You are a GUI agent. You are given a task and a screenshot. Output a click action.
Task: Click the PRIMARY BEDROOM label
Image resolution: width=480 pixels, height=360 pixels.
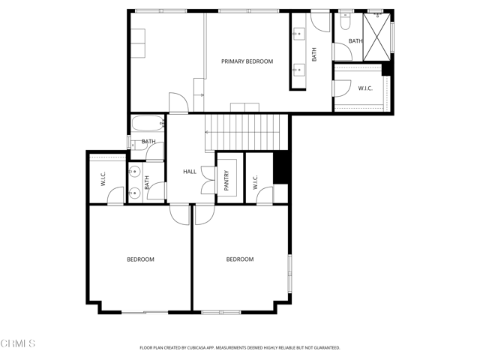click(x=247, y=61)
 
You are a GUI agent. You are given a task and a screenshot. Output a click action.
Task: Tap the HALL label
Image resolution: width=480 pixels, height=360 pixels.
click(x=190, y=172)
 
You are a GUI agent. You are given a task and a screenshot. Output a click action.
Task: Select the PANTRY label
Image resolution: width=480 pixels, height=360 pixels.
click(x=226, y=181)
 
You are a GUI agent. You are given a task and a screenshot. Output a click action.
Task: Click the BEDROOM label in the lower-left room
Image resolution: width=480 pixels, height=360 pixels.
click(x=140, y=259)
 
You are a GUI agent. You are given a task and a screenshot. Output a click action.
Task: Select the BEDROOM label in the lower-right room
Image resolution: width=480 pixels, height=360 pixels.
click(x=240, y=259)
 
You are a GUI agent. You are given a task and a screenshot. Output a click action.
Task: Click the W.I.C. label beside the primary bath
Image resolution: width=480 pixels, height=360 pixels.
click(x=364, y=88)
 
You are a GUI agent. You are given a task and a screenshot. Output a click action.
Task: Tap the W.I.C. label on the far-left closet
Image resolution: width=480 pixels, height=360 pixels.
click(x=103, y=180)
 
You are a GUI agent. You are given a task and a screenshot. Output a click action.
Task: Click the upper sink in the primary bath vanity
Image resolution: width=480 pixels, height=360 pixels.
click(x=298, y=34)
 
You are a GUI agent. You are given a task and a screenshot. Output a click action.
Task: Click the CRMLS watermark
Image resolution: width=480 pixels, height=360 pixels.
click(x=18, y=343)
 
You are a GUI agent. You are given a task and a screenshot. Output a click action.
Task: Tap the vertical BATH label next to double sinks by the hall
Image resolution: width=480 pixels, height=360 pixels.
click(x=147, y=181)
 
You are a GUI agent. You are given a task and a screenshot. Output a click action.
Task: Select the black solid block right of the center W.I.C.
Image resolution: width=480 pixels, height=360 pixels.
click(x=280, y=166)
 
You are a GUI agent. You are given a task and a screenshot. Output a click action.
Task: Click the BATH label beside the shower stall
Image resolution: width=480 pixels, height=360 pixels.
click(x=355, y=41)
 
